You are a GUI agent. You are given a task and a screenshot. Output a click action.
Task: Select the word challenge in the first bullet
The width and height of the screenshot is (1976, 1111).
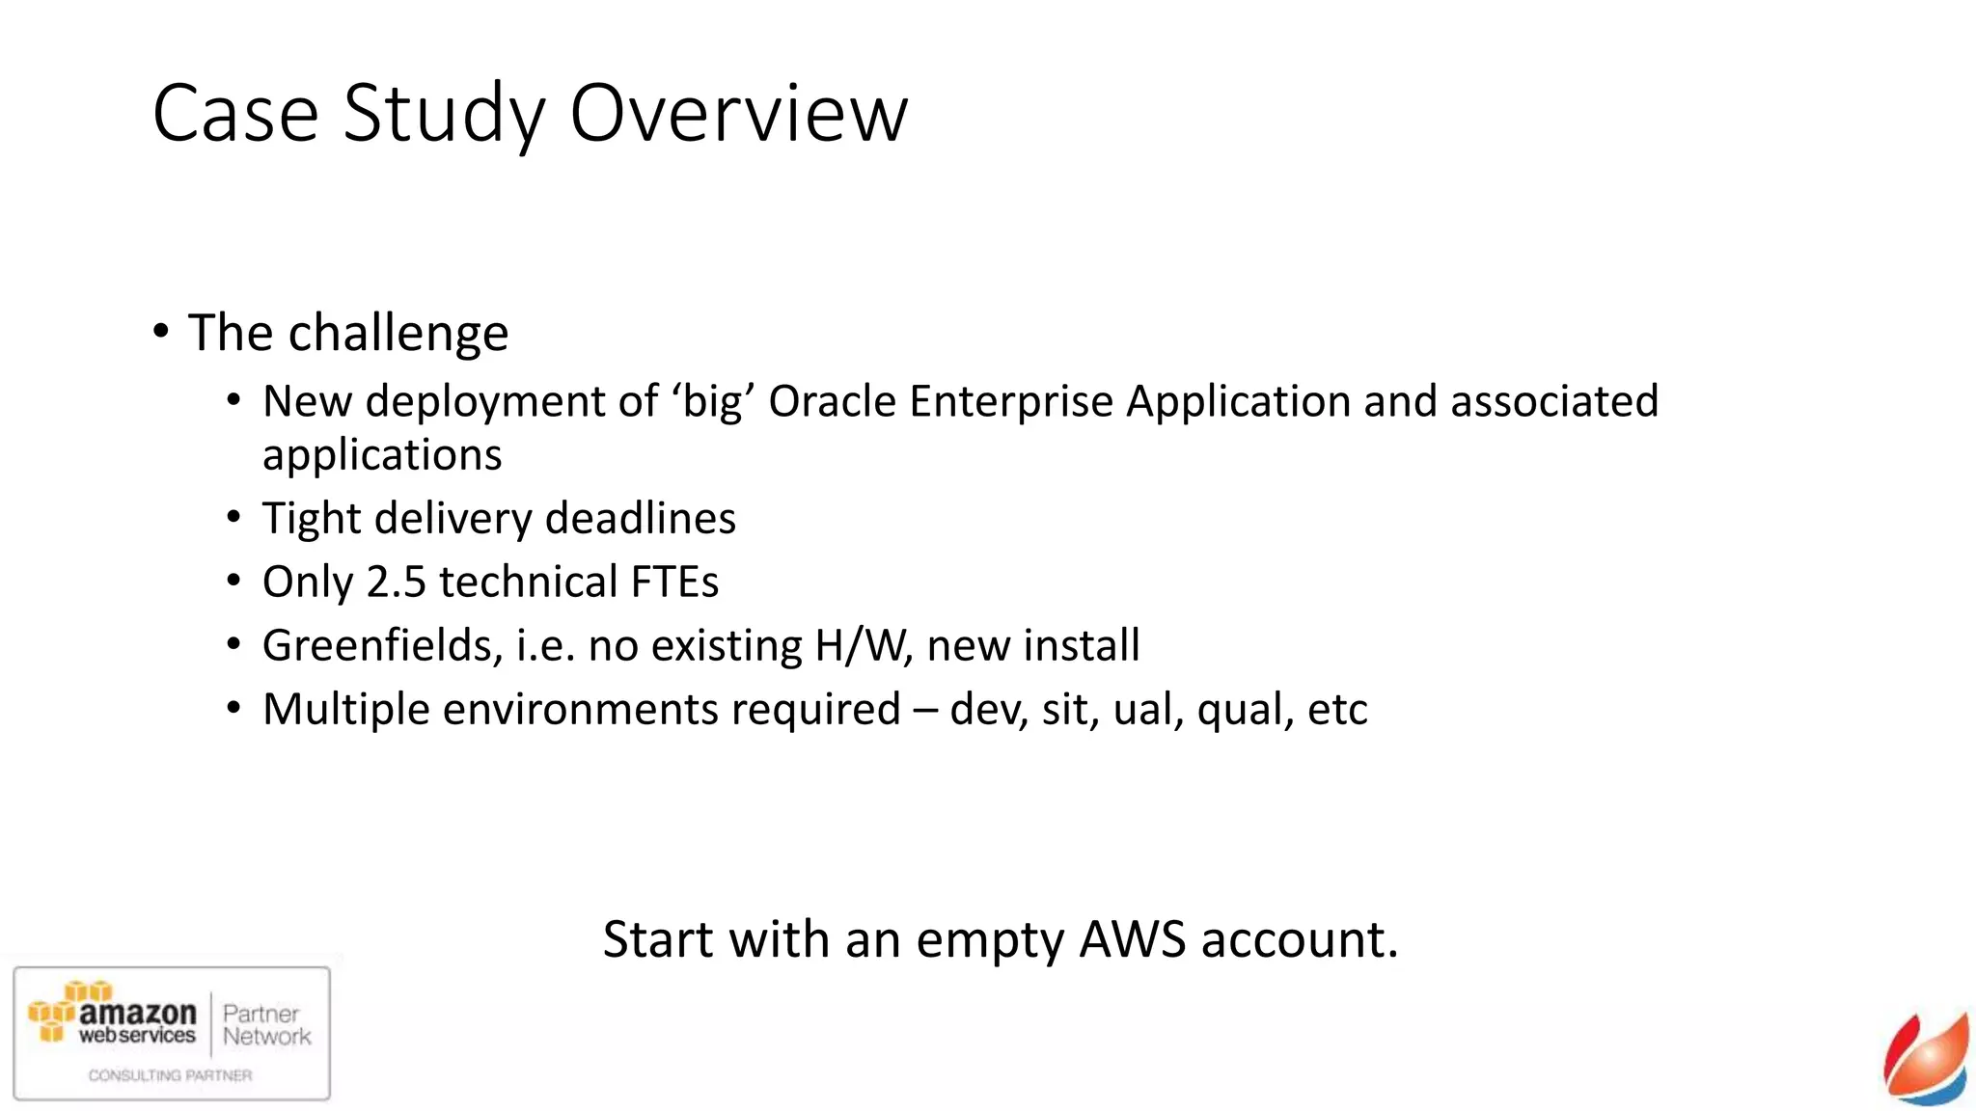tap(398, 334)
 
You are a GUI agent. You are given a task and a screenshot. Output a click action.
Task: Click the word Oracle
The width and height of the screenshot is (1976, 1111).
tap(832, 401)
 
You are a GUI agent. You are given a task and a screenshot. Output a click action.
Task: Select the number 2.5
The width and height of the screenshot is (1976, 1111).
tap(396, 583)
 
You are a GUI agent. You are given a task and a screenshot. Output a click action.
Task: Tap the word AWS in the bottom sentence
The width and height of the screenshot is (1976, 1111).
tap(1132, 939)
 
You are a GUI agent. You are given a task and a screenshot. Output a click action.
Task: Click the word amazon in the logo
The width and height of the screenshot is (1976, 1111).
tap(137, 1013)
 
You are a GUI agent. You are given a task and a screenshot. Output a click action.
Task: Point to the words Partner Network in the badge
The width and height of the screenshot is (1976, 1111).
tap(266, 1025)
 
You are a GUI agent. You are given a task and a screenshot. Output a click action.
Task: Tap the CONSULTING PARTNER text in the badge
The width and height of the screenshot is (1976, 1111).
tap(170, 1075)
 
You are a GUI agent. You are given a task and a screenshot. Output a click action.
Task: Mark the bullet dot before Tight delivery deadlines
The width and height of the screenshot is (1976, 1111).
tap(233, 519)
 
